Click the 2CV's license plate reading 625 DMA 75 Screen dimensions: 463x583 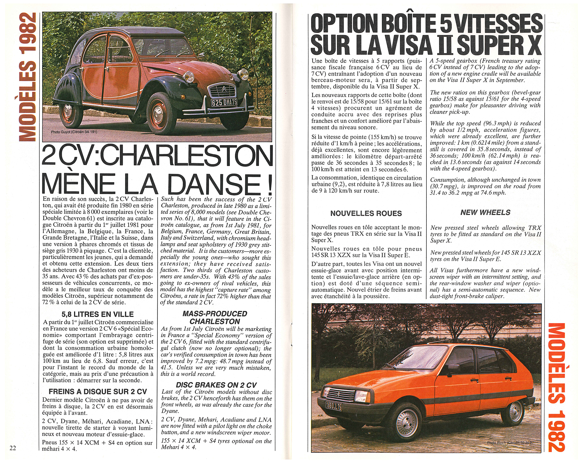[224, 102]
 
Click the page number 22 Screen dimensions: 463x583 [13, 448]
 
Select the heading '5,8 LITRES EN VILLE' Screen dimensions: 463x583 [98, 314]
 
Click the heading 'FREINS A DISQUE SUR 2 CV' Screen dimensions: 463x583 [98, 391]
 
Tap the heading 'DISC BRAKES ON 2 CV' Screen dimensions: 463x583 [216, 385]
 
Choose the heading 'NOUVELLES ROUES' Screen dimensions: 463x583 [366, 213]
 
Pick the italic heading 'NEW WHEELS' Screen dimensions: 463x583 [485, 212]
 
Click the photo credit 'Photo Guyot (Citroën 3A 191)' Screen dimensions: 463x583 [74, 132]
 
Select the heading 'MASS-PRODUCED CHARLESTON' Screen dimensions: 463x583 [215, 317]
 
